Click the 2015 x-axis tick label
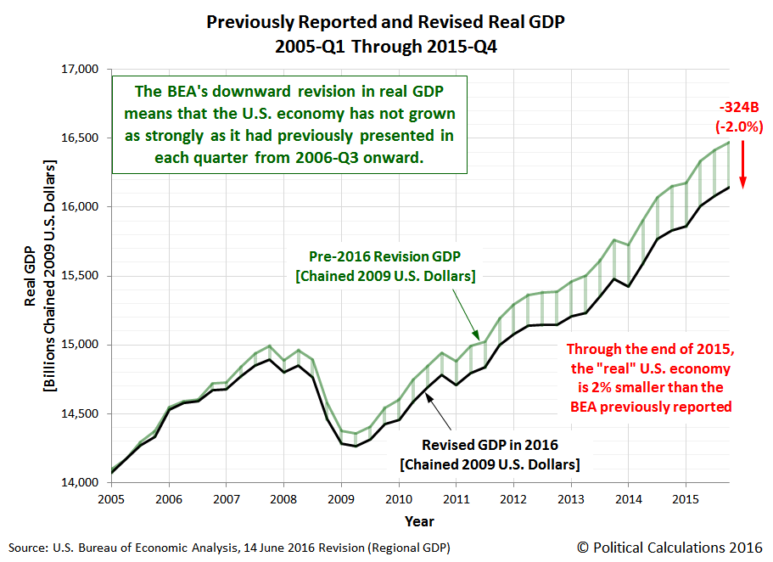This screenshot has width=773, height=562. [x=683, y=499]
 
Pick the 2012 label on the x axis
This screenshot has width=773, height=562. [x=512, y=499]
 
